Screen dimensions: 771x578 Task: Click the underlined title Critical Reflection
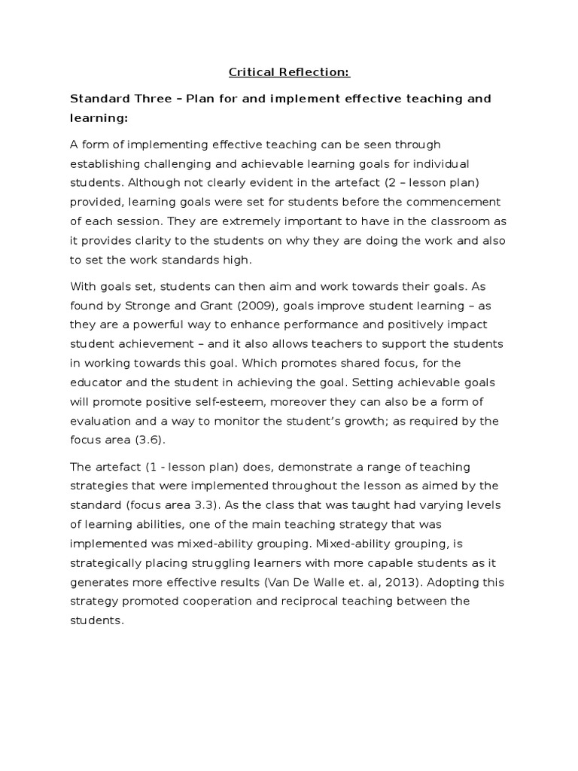290,73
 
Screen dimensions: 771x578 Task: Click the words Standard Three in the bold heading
112,99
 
